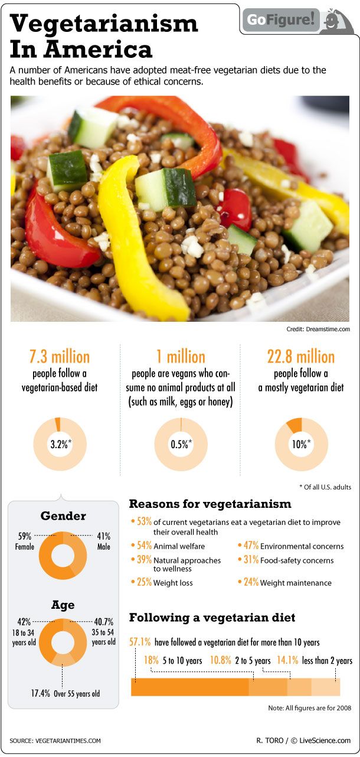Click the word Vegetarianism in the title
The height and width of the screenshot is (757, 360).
coord(104,24)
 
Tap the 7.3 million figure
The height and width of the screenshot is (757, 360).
coord(60,357)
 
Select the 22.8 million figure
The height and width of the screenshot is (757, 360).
coord(301,357)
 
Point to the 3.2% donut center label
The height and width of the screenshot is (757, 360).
coord(60,445)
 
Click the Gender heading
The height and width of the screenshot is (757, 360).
coord(63,515)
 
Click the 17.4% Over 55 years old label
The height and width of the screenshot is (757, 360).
coord(65,693)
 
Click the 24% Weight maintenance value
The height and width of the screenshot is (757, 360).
coord(251,582)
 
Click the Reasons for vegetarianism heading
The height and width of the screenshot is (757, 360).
coord(210,504)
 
